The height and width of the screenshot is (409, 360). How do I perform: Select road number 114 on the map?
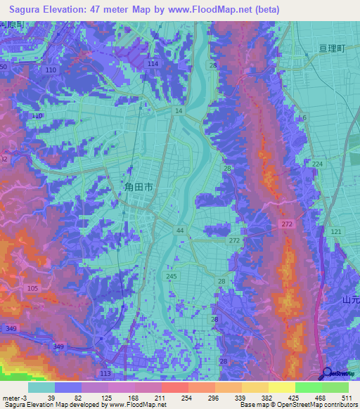pyautogui.click(x=153, y=64)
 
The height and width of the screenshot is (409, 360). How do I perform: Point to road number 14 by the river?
pyautogui.click(x=179, y=111)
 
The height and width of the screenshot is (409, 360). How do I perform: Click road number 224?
pyautogui.click(x=318, y=164)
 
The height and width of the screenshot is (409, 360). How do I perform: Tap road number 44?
pyautogui.click(x=181, y=231)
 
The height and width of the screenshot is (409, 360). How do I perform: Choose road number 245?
pyautogui.click(x=172, y=276)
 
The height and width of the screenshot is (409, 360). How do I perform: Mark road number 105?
pyautogui.click(x=32, y=289)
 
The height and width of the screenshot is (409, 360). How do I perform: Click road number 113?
pyautogui.click(x=105, y=372)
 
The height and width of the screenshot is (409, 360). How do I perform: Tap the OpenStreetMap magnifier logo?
pyautogui.click(x=328, y=373)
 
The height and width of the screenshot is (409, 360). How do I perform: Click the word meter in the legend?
pyautogui.click(x=10, y=398)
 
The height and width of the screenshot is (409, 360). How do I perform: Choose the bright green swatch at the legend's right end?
pyautogui.click(x=335, y=387)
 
